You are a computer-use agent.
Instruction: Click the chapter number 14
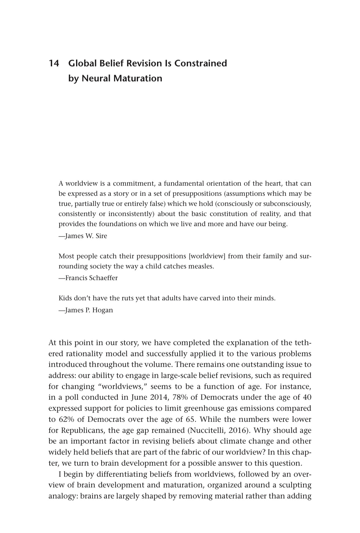pos(54,63)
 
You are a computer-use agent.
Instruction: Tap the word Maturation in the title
pos(138,79)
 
